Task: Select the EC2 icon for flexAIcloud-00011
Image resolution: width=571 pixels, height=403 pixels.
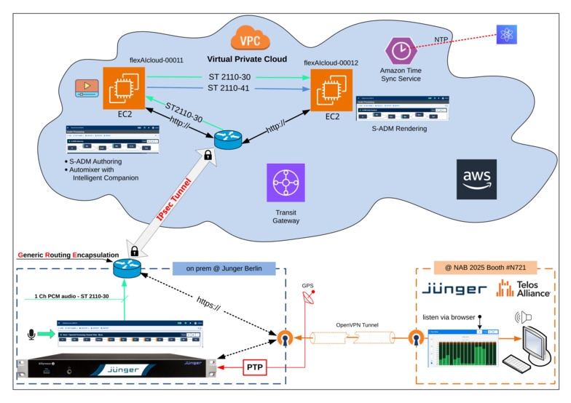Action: pos(125,89)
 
